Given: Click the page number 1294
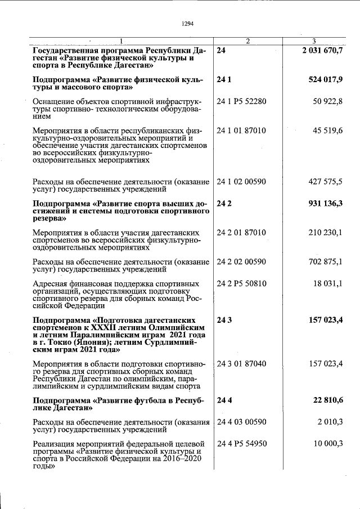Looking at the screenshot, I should (188, 24).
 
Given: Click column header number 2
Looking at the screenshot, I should (247, 41).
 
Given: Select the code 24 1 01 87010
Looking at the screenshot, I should (241, 130).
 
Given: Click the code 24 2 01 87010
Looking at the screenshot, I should (241, 232).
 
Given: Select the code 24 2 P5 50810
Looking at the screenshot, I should (241, 283).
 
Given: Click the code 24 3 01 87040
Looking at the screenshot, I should (241, 364).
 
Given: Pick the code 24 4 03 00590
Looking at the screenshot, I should (241, 422).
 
